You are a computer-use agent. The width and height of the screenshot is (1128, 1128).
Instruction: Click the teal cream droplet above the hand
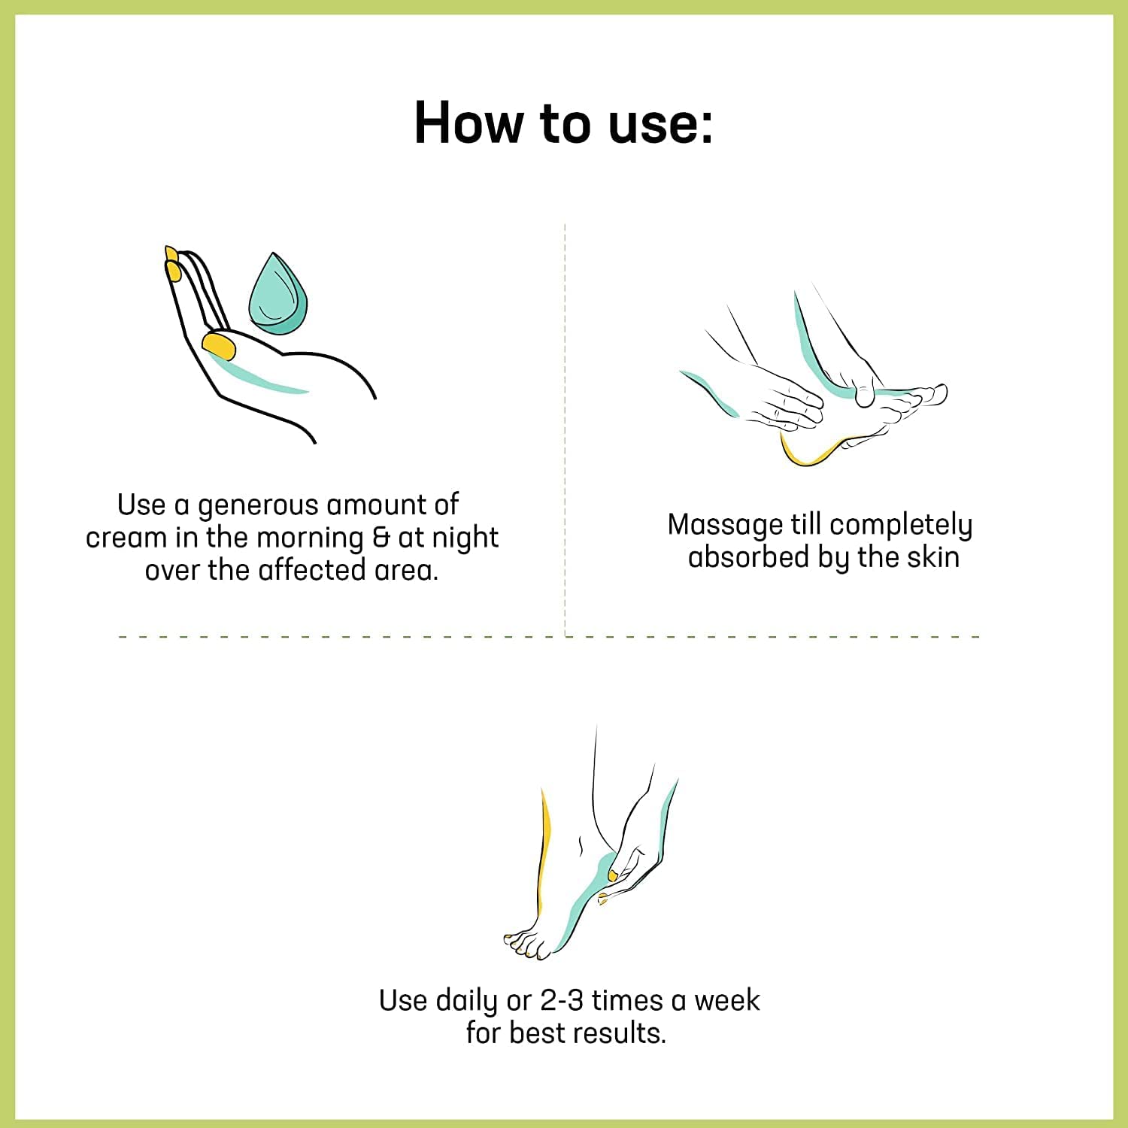278,294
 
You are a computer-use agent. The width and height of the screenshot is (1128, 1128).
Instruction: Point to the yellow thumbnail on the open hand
219,346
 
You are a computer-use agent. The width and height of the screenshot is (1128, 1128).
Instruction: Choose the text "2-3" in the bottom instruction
562,1001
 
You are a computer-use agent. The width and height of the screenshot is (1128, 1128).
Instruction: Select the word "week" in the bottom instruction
726,1001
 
